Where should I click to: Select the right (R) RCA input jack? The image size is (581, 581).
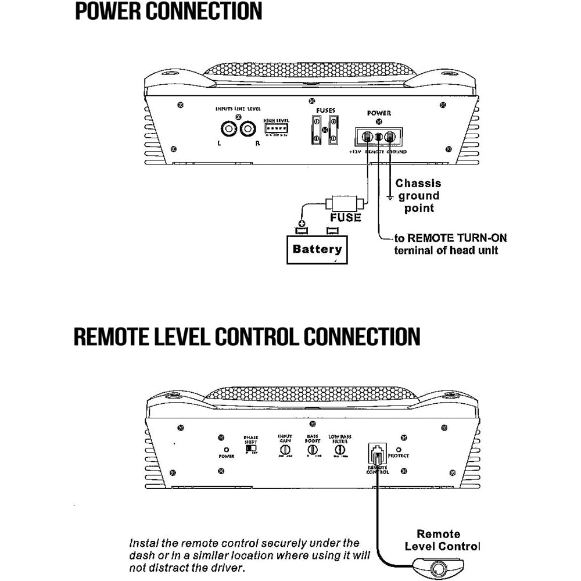point(250,128)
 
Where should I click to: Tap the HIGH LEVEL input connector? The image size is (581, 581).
point(277,128)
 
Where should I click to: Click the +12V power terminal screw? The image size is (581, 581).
point(367,138)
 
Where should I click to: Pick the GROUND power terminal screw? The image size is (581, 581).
point(390,138)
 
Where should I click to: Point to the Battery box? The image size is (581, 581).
point(317,250)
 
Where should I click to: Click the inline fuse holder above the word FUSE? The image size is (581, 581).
point(345,204)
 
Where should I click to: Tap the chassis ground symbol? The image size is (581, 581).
point(390,198)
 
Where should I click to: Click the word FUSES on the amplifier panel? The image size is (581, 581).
point(325,111)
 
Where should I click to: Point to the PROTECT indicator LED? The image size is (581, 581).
point(398,449)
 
